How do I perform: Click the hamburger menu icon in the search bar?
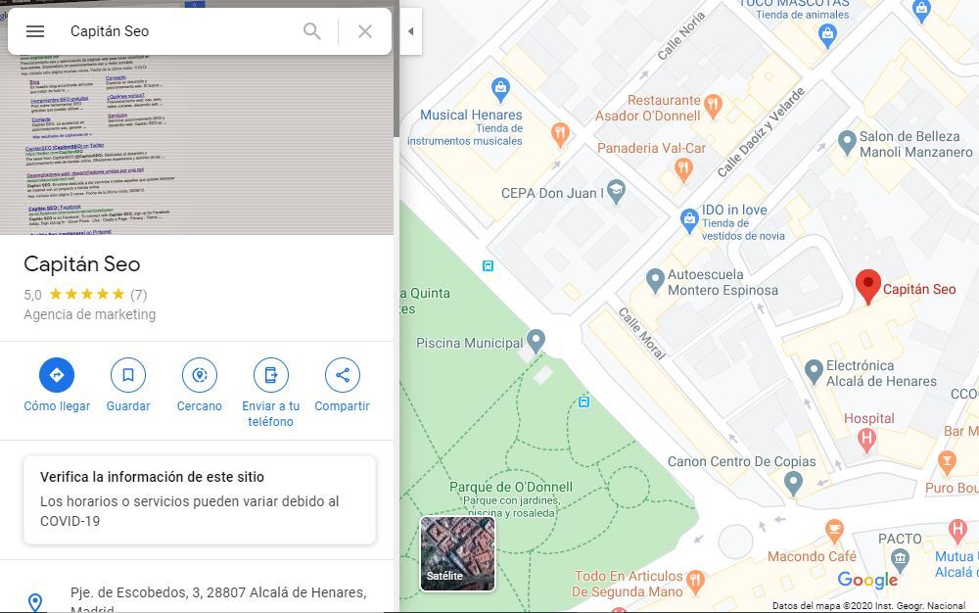click(35, 31)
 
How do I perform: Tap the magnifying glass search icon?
click(312, 31)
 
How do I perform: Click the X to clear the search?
click(365, 31)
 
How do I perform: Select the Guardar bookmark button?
click(128, 375)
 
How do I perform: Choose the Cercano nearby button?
click(200, 375)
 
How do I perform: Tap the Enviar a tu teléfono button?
click(271, 375)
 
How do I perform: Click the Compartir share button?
click(343, 375)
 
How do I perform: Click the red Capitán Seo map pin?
click(867, 286)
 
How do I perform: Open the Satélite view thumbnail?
click(458, 553)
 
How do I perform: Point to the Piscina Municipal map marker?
click(536, 341)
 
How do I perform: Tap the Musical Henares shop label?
click(471, 115)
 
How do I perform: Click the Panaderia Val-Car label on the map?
click(651, 148)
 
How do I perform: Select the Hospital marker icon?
click(866, 440)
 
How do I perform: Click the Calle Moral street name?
click(641, 333)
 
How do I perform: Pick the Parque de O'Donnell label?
click(511, 487)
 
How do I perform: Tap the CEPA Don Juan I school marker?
click(616, 191)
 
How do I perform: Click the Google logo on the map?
click(867, 581)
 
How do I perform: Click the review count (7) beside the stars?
click(138, 294)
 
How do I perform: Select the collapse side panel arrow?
click(411, 31)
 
